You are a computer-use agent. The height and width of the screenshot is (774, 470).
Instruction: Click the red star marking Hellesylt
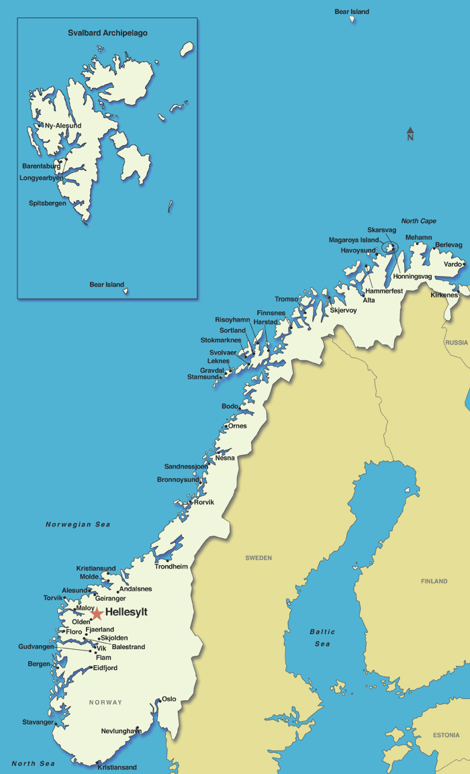pyautogui.click(x=97, y=613)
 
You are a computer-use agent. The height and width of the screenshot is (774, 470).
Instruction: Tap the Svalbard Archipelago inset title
pyautogui.click(x=107, y=33)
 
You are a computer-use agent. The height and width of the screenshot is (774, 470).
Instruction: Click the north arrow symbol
pyautogui.click(x=410, y=132)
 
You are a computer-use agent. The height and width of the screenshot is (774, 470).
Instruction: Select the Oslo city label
pyautogui.click(x=169, y=699)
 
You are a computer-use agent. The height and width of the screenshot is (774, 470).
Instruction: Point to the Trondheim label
pyautogui.click(x=171, y=567)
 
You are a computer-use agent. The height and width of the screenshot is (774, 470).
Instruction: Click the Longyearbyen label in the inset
pyautogui.click(x=42, y=178)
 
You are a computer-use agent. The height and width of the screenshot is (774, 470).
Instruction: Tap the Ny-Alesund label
pyautogui.click(x=62, y=126)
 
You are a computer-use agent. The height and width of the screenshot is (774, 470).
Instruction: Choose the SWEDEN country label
pyautogui.click(x=258, y=558)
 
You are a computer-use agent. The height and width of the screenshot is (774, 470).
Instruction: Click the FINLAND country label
pyautogui.click(x=434, y=581)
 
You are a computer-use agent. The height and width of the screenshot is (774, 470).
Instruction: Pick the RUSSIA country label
pyautogui.click(x=457, y=342)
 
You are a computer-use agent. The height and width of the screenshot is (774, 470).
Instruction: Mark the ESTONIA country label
pyautogui.click(x=446, y=735)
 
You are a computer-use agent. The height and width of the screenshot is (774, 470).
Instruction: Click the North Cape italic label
pyautogui.click(x=418, y=221)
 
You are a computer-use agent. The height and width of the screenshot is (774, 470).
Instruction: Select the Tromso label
pyautogui.click(x=286, y=299)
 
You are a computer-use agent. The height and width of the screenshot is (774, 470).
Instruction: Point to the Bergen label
pyautogui.click(x=39, y=664)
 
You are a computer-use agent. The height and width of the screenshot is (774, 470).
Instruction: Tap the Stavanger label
pyautogui.click(x=38, y=722)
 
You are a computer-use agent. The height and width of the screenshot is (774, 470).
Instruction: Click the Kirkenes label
pyautogui.click(x=444, y=295)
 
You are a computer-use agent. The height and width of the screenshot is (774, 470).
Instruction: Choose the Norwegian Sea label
pyautogui.click(x=78, y=524)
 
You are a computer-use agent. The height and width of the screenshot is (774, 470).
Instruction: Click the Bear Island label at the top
pyautogui.click(x=352, y=11)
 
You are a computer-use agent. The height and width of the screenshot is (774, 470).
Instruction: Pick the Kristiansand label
pyautogui.click(x=117, y=767)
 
